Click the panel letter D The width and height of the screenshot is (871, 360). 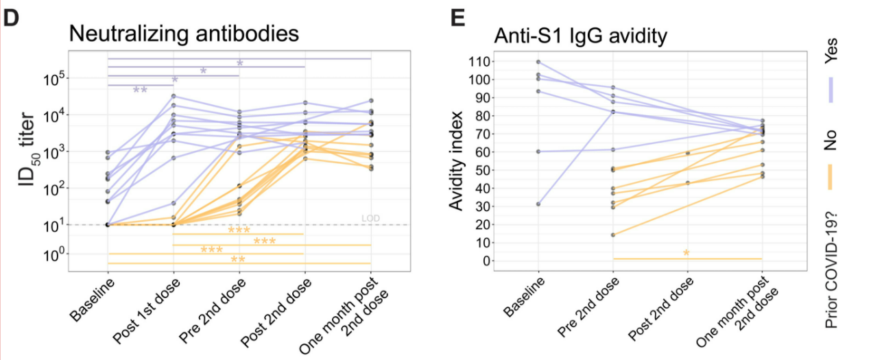pyautogui.click(x=12, y=19)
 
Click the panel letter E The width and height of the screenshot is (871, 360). pyautogui.click(x=457, y=19)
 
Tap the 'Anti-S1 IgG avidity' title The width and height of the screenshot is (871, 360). pyautogui.click(x=584, y=35)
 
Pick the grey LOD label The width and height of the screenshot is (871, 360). pyautogui.click(x=370, y=219)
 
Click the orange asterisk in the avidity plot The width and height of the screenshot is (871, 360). pyautogui.click(x=687, y=254)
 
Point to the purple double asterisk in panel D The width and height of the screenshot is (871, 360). pyautogui.click(x=140, y=90)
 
